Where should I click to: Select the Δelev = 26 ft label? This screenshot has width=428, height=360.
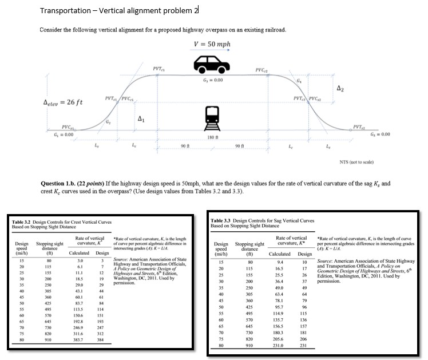coord(63,102)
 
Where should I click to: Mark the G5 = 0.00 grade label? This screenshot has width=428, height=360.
coord(383,134)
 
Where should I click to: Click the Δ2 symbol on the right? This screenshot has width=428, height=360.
coord(340,89)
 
